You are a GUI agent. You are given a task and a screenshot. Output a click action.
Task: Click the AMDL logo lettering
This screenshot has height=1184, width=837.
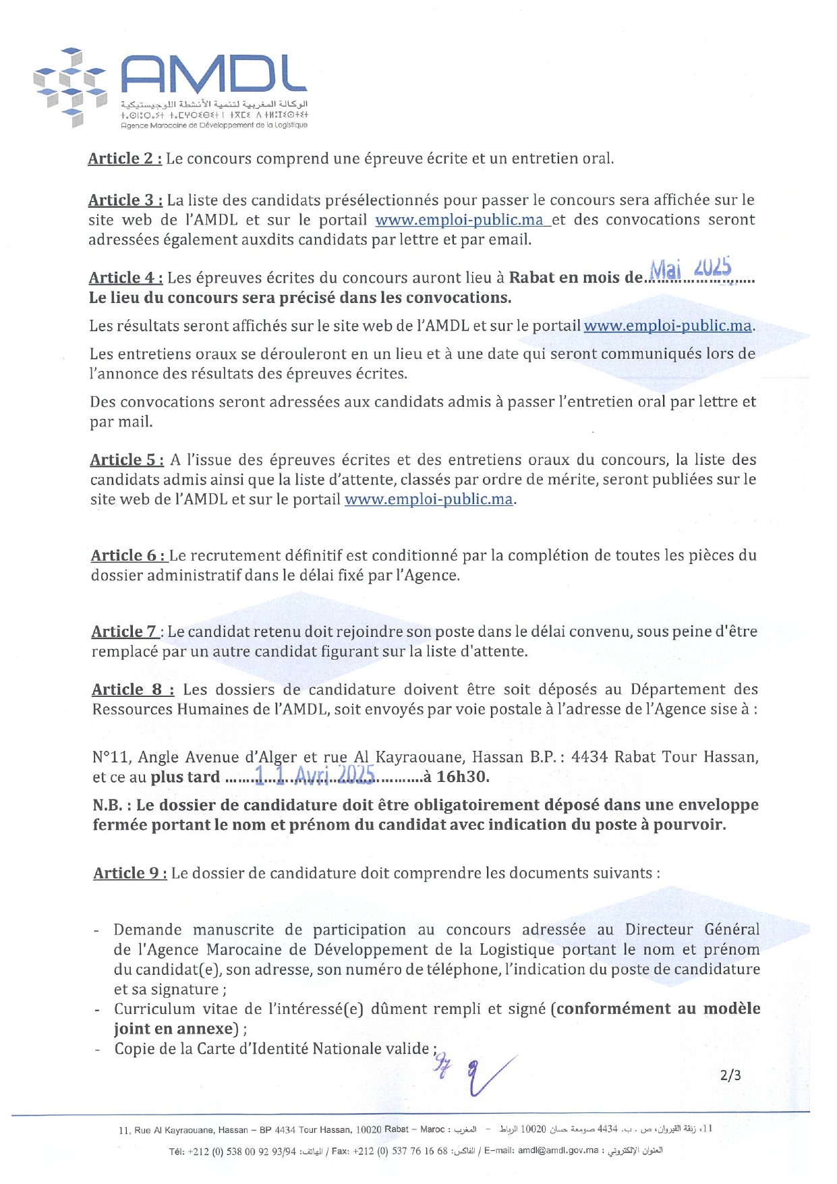(x=214, y=74)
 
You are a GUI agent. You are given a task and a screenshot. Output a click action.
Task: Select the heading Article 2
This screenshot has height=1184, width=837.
(x=125, y=159)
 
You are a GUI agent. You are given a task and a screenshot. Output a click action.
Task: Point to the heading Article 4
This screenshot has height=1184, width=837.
(x=125, y=278)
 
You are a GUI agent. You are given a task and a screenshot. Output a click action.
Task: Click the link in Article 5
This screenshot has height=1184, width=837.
(x=428, y=499)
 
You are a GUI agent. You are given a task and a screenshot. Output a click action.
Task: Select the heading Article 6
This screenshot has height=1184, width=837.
(x=128, y=555)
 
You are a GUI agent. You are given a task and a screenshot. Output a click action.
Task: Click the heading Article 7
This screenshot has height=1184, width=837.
(x=125, y=631)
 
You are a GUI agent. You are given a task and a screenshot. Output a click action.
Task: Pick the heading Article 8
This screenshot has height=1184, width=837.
(x=133, y=689)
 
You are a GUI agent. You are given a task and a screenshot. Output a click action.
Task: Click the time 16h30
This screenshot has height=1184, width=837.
(x=462, y=777)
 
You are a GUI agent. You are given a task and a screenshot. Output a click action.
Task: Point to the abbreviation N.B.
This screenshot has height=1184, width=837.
(x=112, y=805)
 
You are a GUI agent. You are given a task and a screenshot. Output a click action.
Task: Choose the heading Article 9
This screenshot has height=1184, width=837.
(x=130, y=873)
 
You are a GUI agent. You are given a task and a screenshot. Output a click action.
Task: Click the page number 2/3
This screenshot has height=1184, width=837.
(x=730, y=1075)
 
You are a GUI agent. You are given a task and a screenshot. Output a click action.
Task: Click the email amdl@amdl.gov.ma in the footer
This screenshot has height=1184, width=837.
(x=558, y=1151)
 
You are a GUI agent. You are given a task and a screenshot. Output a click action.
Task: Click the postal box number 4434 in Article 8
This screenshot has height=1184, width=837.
(x=589, y=757)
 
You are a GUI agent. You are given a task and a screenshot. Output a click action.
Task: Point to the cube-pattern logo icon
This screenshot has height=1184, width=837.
(x=71, y=86)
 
